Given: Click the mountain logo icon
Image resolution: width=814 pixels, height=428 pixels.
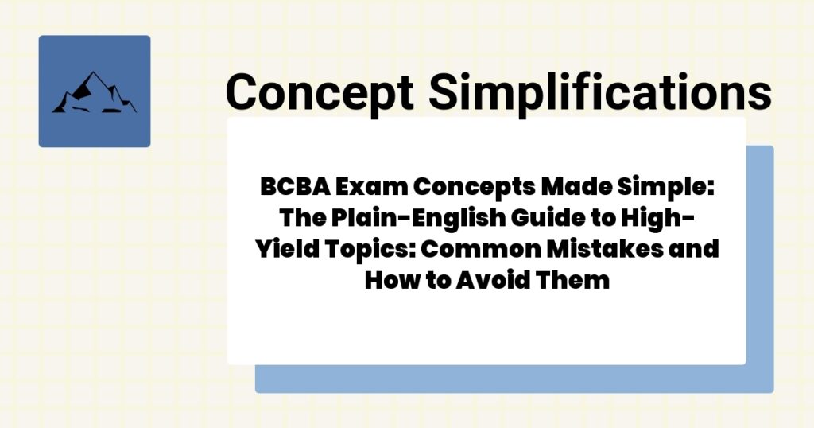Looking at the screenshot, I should [x=94, y=91].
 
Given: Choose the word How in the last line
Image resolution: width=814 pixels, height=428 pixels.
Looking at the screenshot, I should [x=386, y=280].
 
